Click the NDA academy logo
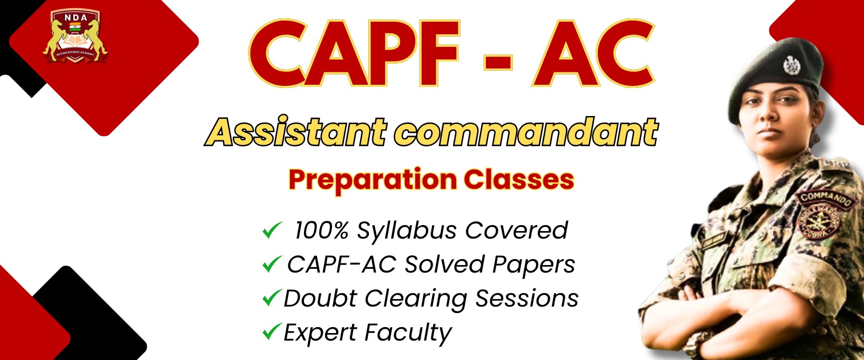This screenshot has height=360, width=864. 75,36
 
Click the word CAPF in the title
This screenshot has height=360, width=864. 354,54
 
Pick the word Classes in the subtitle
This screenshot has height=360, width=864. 518,179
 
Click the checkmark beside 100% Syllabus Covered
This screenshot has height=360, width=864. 271,230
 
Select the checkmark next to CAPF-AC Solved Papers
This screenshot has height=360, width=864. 271,264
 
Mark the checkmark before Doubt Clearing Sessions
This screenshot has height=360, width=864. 271,298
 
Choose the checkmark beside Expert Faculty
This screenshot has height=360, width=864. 271,331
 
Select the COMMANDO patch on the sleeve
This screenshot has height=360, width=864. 826,199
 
